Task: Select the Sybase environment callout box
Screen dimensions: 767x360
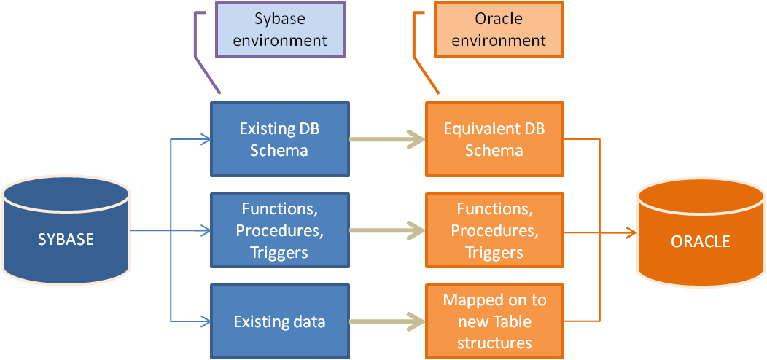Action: (x=280, y=29)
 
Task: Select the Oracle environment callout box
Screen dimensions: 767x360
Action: (x=499, y=29)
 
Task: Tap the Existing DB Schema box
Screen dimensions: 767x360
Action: (x=280, y=139)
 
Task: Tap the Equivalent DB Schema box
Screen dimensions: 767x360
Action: (x=494, y=139)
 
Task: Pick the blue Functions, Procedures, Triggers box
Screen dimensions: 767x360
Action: (x=280, y=230)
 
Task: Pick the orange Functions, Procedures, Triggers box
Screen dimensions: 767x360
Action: (x=494, y=230)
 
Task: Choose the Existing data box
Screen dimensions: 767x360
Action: (x=280, y=321)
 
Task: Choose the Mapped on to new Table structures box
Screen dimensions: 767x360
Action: (x=494, y=321)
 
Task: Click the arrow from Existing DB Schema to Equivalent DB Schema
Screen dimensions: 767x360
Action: (x=387, y=139)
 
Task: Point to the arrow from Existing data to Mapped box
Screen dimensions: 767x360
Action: (x=387, y=321)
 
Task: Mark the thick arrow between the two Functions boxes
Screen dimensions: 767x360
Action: (x=387, y=230)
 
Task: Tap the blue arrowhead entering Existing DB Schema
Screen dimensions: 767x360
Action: (x=206, y=139)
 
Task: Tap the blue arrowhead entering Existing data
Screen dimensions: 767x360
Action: (x=206, y=321)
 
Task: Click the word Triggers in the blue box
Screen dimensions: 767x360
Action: (x=279, y=252)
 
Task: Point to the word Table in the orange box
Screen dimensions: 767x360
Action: (x=512, y=322)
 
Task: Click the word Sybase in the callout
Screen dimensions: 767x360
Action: (x=280, y=19)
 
